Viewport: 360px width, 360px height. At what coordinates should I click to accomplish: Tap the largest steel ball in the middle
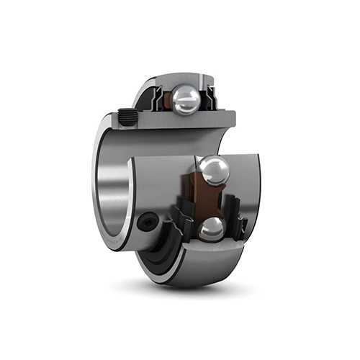pos(214,171)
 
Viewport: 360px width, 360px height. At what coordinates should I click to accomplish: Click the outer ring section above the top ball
pos(180,78)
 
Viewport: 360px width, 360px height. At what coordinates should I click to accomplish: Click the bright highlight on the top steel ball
pos(181,96)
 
